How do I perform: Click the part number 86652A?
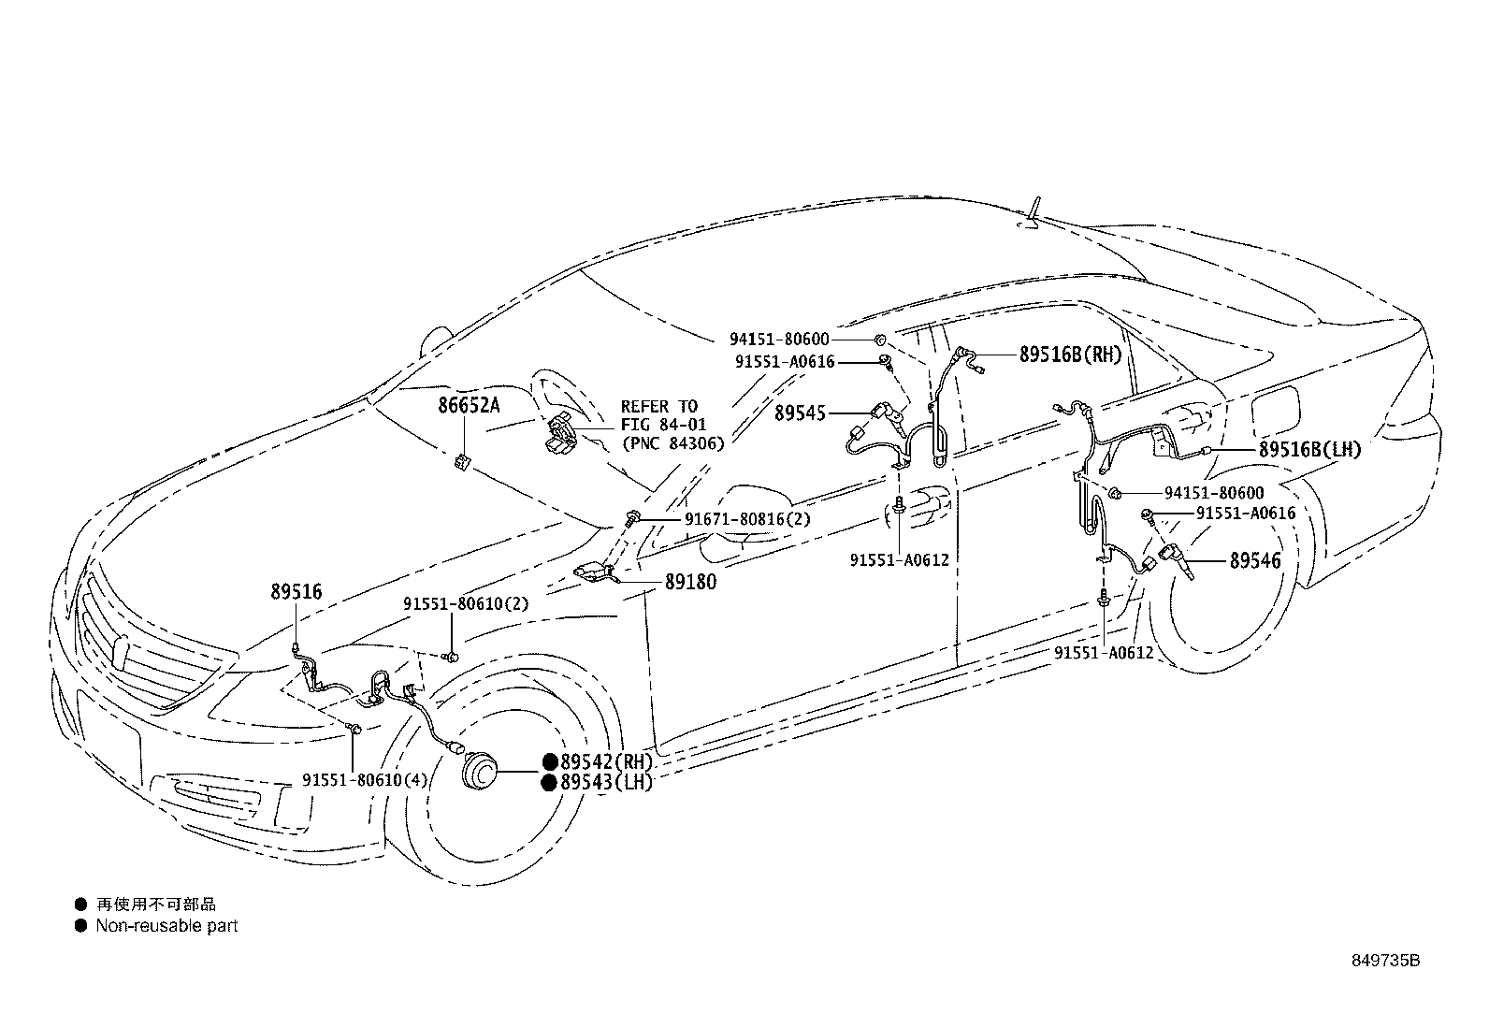coord(469,405)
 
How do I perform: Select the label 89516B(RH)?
coord(1069,355)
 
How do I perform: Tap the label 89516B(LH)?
coord(1309,450)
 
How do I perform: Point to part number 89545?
coord(799,413)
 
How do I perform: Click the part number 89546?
coord(1255,561)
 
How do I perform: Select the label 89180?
coord(690,582)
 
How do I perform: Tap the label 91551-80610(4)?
coord(365,780)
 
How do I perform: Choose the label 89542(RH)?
coord(605,761)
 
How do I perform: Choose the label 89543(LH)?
coord(605,782)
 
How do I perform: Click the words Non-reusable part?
coord(166,926)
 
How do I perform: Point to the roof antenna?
coord(1034,213)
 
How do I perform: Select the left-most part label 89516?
coord(296,591)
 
